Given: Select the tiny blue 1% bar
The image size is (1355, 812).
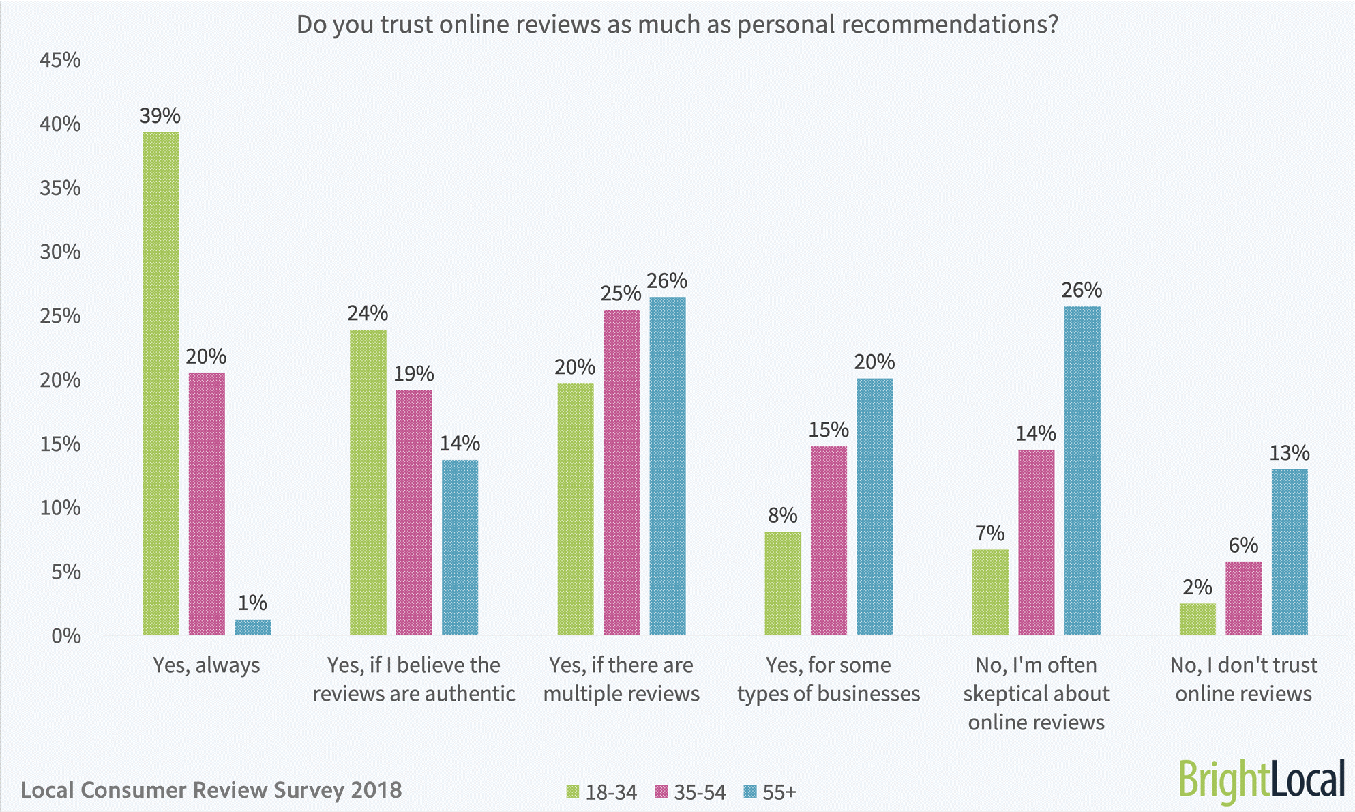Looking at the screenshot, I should click(x=252, y=627).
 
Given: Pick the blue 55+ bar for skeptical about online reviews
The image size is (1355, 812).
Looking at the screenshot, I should click(x=1082, y=471).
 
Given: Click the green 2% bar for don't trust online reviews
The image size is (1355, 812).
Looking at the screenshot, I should click(x=1197, y=619).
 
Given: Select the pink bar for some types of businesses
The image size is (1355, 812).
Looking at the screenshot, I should click(x=829, y=540).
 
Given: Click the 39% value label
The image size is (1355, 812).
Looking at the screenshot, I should click(x=160, y=116).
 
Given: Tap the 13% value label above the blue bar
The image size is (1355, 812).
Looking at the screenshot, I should click(x=1289, y=453).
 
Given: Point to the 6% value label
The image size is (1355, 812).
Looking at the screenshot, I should click(x=1243, y=545).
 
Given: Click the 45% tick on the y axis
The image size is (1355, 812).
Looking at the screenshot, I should click(x=60, y=60).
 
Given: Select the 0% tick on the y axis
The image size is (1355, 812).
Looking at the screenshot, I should click(x=65, y=636).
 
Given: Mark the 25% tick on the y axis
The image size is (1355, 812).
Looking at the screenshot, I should click(x=60, y=316).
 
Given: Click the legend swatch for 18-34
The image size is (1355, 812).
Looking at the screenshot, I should click(x=572, y=792).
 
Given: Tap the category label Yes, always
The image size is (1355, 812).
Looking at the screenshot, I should click(x=206, y=665).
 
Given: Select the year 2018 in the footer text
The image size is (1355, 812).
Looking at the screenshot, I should click(x=376, y=789).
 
